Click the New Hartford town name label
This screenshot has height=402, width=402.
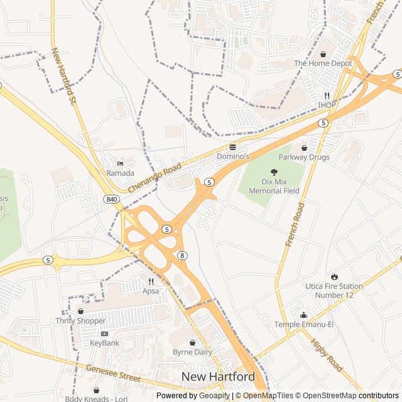pos(218,376)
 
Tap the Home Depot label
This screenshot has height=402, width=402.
pos(323,63)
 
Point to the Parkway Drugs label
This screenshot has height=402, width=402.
pos(304,157)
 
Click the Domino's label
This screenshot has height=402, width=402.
pos(233,156)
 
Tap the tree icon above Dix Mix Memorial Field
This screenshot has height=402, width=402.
pos(274,171)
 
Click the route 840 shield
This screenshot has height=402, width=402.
pos(111,199)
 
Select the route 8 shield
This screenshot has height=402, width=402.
pos(182,255)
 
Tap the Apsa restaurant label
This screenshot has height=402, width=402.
pos(151,291)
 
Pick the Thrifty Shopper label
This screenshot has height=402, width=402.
pos(80,321)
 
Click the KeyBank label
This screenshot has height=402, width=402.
pos(104,343)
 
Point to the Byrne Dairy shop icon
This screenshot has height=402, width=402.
pos(192,342)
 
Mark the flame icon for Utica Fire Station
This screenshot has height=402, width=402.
pos(334,276)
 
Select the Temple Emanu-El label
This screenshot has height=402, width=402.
pos(304,324)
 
